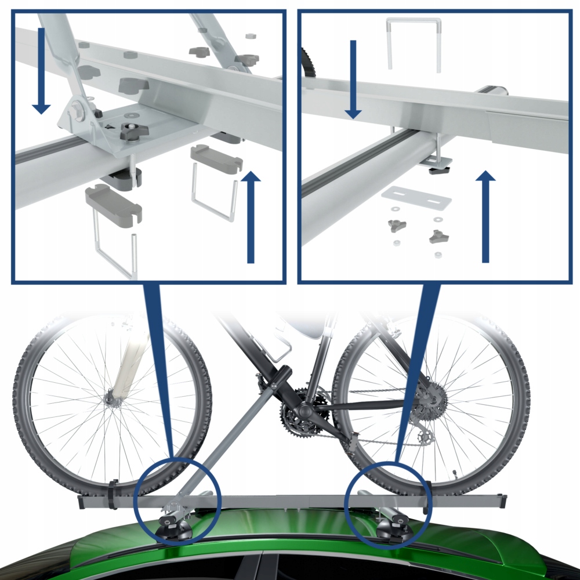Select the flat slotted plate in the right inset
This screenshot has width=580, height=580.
(416, 199)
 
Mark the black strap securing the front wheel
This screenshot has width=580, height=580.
(113, 493)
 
